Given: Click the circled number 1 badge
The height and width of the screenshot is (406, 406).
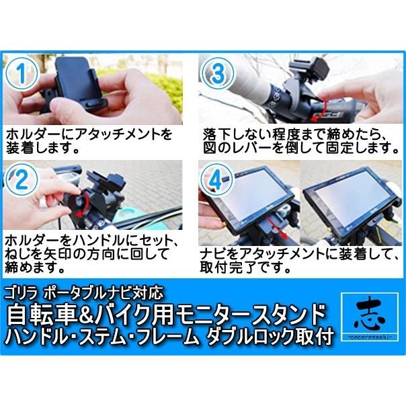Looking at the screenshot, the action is coord(22,73).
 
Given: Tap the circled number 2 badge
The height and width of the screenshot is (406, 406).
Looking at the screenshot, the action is coord(22,179).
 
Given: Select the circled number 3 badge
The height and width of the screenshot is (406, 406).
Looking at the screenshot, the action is coord(218,73).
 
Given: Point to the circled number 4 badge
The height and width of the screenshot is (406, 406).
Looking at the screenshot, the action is coord(217,179).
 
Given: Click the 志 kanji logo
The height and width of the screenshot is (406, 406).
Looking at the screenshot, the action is coord(369,317).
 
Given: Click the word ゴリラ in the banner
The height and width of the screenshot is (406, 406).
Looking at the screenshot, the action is coord(22,293).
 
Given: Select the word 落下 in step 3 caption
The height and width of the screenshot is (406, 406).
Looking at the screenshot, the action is coord(216,134).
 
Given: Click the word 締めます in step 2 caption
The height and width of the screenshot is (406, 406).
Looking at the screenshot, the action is coord(34,267).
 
